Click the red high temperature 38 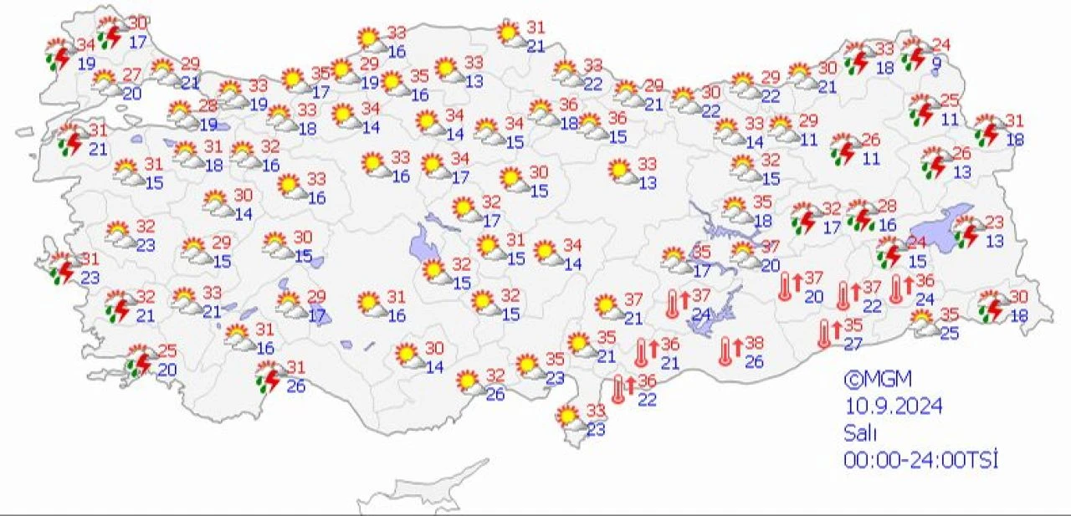tap(754, 343)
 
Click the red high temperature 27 tap(132, 74)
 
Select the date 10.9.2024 tap(893, 406)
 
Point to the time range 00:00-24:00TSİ tap(920, 459)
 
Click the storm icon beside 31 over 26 tap(269, 377)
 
